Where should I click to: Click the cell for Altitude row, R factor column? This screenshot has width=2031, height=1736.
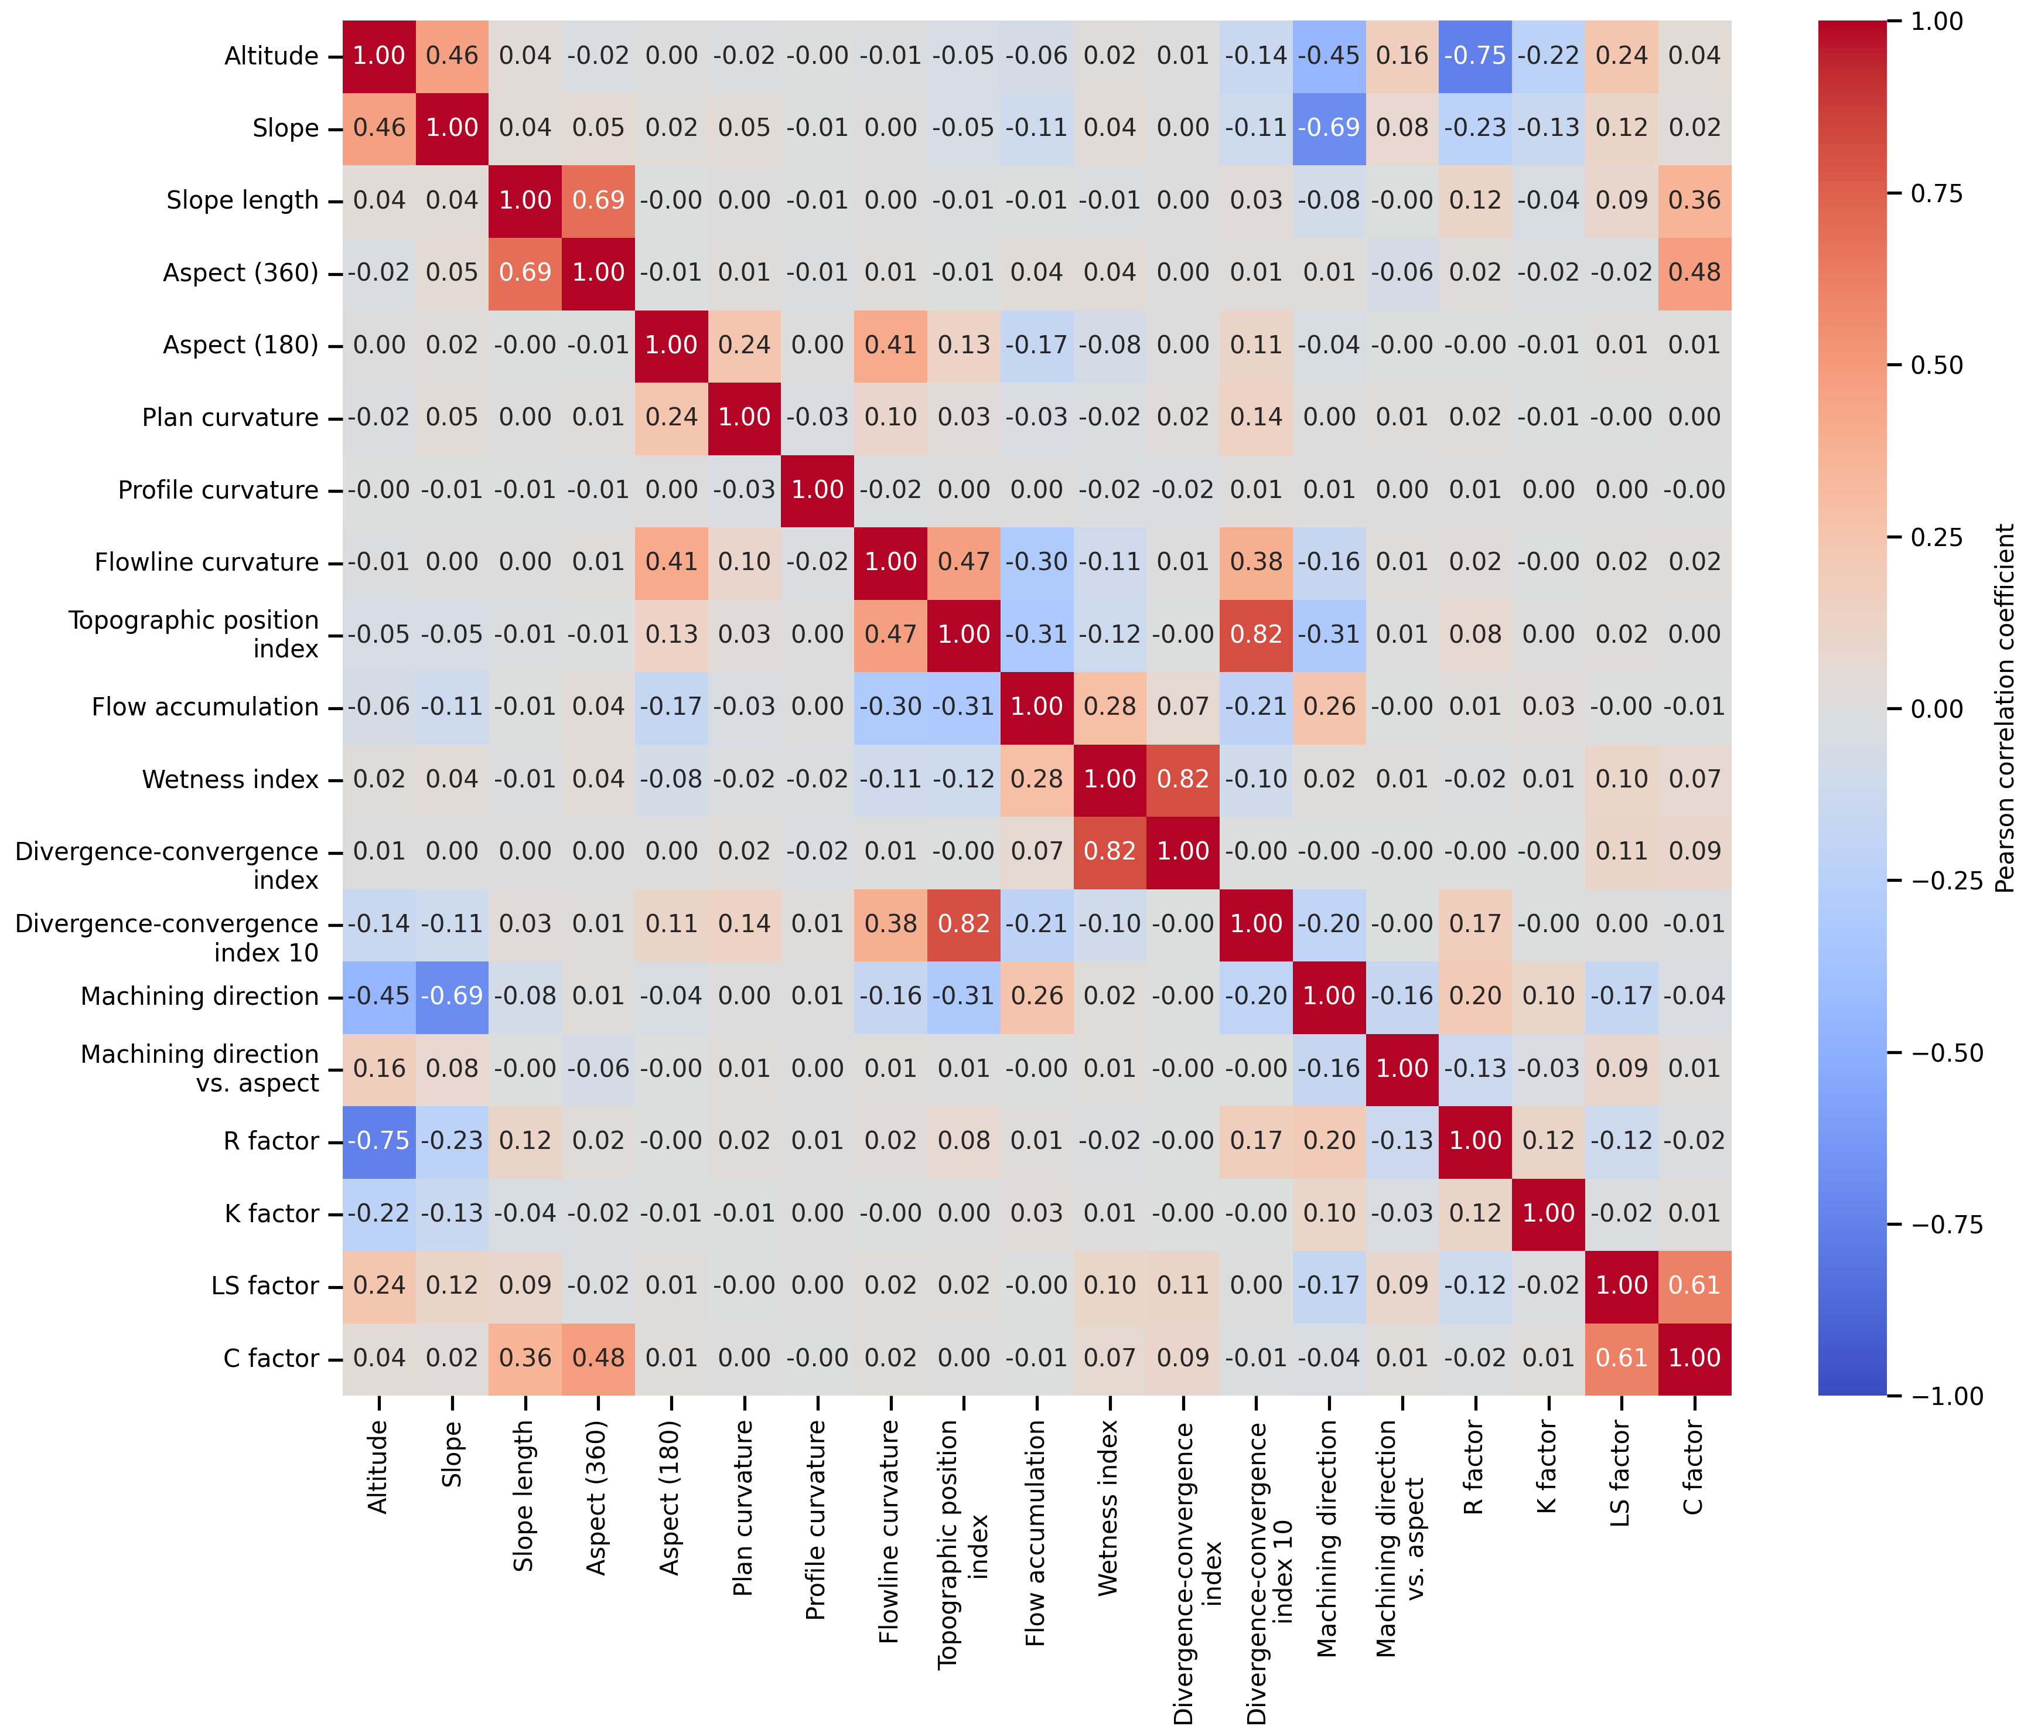[1475, 56]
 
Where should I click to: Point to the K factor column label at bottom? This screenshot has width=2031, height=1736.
[1548, 1468]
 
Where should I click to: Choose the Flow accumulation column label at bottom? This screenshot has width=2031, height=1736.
[1036, 1533]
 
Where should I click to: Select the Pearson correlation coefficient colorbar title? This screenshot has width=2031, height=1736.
[2005, 708]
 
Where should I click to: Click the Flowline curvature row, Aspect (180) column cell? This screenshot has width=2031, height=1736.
[671, 562]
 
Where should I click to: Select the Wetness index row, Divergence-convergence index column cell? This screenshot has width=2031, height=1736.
[1183, 779]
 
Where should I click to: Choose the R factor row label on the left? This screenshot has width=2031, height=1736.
[271, 1141]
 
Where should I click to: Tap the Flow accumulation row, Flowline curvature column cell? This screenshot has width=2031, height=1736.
[891, 707]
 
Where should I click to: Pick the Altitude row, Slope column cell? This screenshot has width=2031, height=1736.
[452, 56]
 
